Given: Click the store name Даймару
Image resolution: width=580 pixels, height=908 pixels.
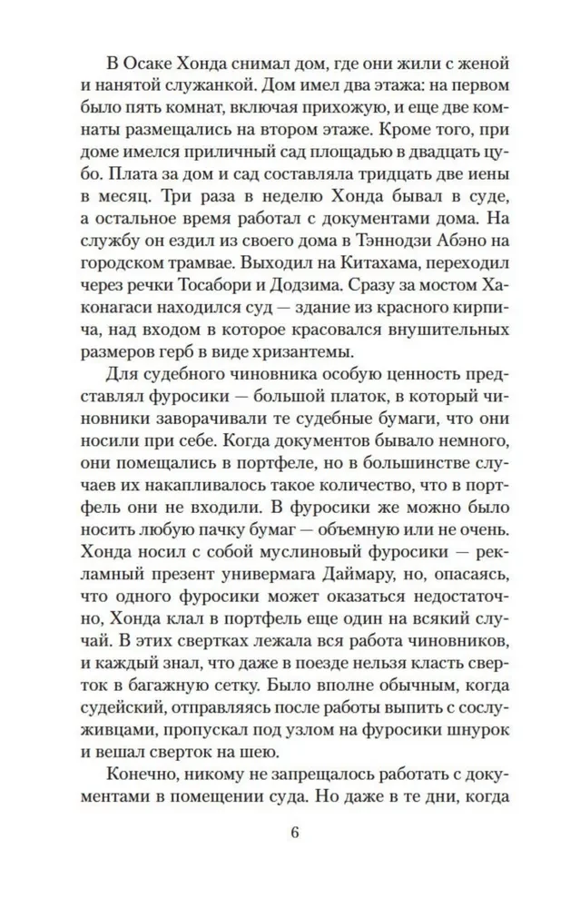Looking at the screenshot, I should tap(330, 599).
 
